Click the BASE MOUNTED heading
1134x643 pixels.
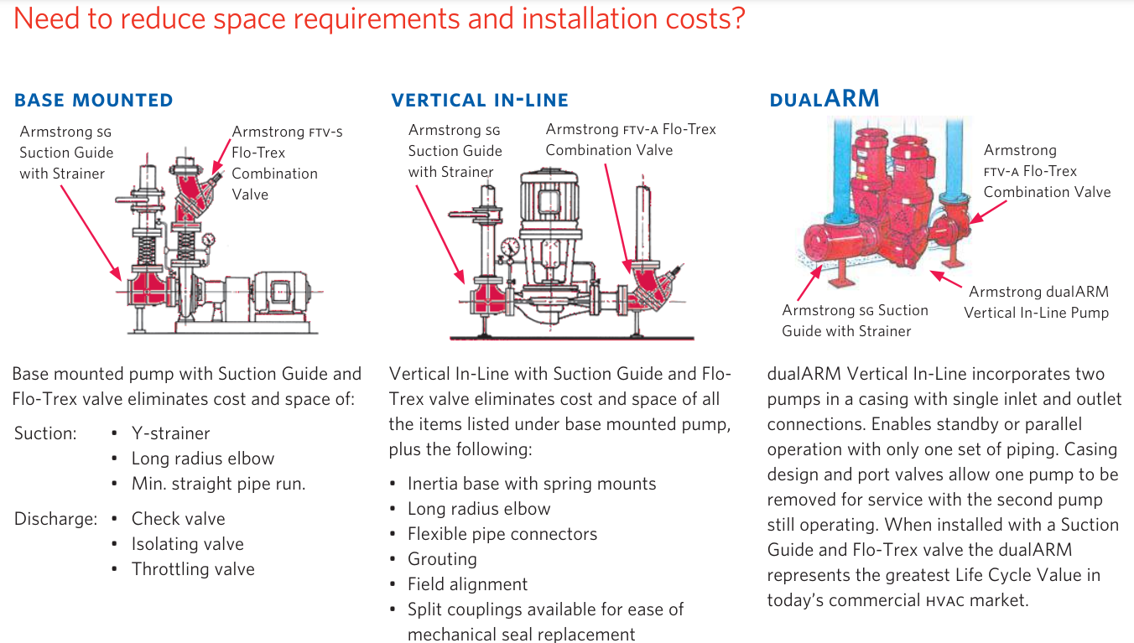[94, 101]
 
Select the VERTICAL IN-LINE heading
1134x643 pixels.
[480, 101]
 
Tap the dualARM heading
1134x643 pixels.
[824, 99]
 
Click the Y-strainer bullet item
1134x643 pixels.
[170, 433]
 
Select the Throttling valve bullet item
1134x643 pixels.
[193, 569]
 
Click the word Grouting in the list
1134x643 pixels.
[442, 559]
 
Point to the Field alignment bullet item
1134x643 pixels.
[467, 584]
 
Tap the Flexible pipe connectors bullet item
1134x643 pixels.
[502, 534]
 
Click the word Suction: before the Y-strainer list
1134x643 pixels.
[45, 433]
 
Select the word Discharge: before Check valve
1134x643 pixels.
[55, 519]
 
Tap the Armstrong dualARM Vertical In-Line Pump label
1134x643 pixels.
[1037, 303]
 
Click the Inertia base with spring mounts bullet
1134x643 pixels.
[532, 484]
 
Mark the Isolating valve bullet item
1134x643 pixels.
[187, 544]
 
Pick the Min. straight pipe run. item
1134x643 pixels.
[218, 484]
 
